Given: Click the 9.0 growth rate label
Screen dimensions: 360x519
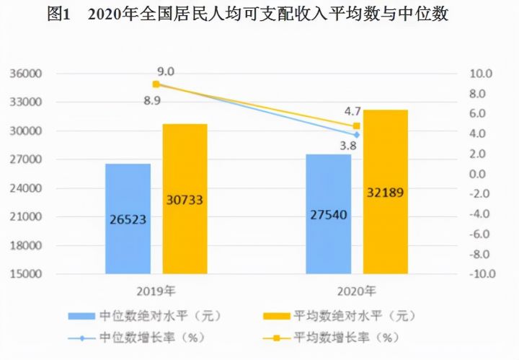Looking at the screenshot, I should point(166,71).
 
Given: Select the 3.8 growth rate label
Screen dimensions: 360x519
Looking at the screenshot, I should point(349,146).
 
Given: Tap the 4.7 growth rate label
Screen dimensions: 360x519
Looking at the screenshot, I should point(352,112).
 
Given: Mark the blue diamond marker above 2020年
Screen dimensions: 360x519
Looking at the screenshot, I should point(356,134).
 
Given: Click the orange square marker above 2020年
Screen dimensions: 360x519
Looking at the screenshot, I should point(356,126).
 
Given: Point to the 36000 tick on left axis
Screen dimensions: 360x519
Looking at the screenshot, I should point(26,74).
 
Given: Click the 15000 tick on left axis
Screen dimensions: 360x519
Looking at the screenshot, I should point(26,274).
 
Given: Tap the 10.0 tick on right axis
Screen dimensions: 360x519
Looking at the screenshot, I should point(481,74).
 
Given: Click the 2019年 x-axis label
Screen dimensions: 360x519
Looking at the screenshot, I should point(156,292).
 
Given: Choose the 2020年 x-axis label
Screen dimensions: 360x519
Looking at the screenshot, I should point(357,292).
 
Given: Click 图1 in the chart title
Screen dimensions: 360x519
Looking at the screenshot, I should point(61,14).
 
